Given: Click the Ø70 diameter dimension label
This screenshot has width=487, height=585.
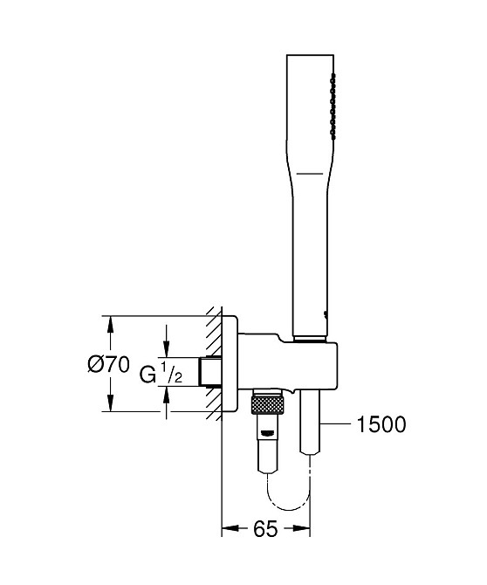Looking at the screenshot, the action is (x=108, y=364).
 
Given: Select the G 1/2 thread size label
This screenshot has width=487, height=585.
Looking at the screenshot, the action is (x=161, y=373).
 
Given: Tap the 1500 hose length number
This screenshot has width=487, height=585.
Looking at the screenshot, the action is (x=381, y=424).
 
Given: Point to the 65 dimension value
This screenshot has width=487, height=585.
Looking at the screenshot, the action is (x=265, y=528).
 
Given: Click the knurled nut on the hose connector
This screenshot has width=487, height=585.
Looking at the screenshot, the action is (x=267, y=405).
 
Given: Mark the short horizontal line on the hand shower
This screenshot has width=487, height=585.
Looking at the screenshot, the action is (x=310, y=174).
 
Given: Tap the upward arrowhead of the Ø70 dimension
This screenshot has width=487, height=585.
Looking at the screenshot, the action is (x=110, y=324).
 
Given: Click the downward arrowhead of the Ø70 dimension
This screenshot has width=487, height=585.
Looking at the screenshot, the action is (x=110, y=403).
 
